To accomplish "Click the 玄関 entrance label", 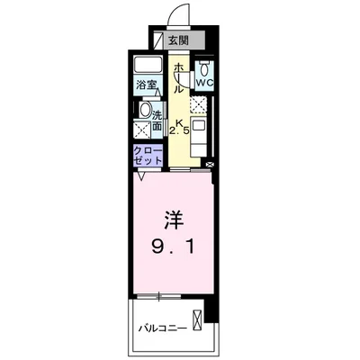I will [178, 40].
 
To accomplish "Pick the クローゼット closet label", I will [148, 154].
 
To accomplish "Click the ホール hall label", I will [178, 77].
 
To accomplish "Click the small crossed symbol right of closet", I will [210, 165].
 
